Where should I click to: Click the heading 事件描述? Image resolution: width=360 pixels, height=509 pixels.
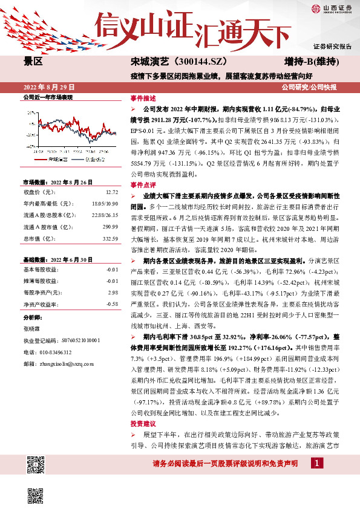coord(143,98)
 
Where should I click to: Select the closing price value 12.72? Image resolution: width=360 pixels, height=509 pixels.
coord(113,192)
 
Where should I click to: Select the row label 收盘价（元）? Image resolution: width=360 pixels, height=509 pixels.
coord(39,192)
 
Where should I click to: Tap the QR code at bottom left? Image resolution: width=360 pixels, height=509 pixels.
coord(36,465)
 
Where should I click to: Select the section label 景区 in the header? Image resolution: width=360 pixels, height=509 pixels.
coord(33,62)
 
